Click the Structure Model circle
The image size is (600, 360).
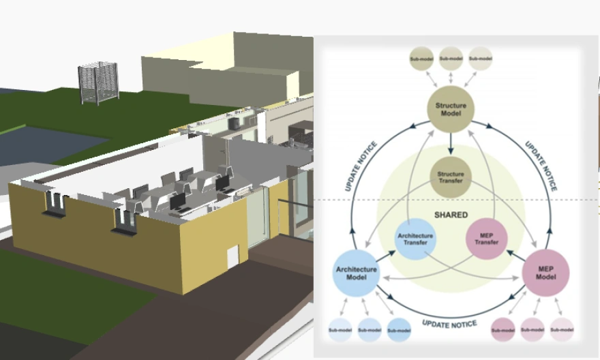pos(451,110)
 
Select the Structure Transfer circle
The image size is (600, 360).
pos(451,178)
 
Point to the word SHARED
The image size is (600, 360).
pos(451,215)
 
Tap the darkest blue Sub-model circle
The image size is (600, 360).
pos(399,330)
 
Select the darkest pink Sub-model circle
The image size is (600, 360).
pos(503,330)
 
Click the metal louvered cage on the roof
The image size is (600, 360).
pos(97,82)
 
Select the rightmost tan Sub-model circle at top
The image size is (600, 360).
pos(481,59)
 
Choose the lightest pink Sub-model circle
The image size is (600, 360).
pos(562,330)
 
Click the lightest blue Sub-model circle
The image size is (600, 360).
pos(340,330)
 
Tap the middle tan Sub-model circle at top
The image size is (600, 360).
pos(451,59)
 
